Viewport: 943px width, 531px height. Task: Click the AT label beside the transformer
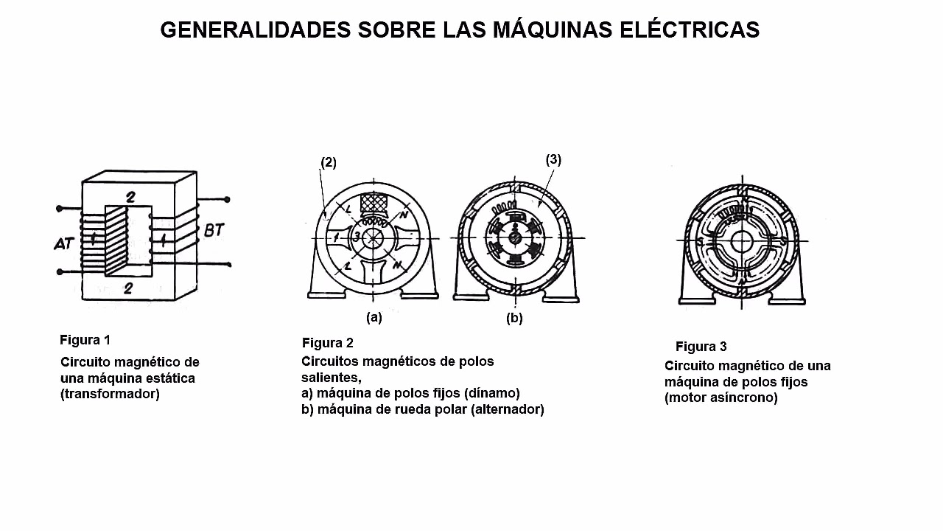click(64, 243)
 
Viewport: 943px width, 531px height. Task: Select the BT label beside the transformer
click(214, 230)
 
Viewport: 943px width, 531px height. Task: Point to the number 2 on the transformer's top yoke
click(130, 197)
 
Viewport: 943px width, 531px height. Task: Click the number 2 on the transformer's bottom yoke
click(128, 288)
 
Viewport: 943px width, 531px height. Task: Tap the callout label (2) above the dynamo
click(329, 163)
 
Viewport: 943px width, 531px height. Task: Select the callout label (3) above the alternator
click(553, 160)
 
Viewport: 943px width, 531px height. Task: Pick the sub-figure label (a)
click(374, 317)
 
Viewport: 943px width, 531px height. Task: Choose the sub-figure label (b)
click(514, 318)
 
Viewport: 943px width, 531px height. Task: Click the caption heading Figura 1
click(85, 340)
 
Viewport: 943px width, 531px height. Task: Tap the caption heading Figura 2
click(328, 343)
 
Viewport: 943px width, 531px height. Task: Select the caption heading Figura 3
click(701, 347)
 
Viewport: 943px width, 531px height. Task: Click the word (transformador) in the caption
click(110, 394)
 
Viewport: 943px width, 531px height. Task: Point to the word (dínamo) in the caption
click(491, 393)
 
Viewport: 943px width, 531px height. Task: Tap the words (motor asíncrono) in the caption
click(721, 398)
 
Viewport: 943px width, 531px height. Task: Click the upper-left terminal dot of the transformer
click(60, 208)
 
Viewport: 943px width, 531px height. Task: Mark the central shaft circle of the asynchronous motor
click(742, 241)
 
